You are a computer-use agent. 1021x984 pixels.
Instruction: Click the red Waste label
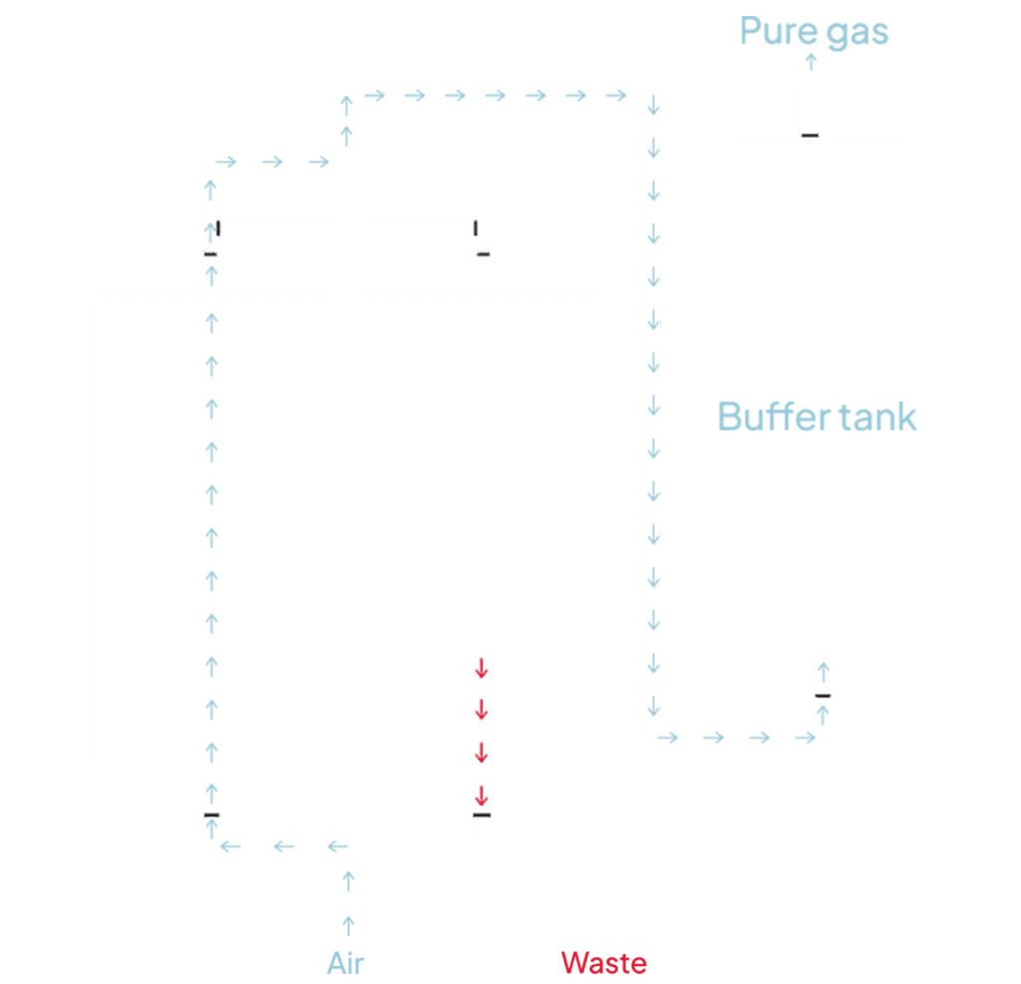click(603, 963)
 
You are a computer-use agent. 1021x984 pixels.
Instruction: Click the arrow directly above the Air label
click(348, 927)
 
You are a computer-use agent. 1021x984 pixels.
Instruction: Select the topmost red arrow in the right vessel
click(481, 668)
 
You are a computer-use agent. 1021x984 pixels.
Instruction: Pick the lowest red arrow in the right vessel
click(481, 794)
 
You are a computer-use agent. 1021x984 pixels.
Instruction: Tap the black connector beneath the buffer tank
click(823, 696)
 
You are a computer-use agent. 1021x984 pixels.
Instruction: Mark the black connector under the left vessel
click(210, 816)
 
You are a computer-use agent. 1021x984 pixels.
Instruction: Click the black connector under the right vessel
click(482, 816)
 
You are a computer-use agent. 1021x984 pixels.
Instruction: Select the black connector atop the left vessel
click(210, 255)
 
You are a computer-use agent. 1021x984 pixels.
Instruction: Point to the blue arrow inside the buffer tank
click(823, 670)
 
